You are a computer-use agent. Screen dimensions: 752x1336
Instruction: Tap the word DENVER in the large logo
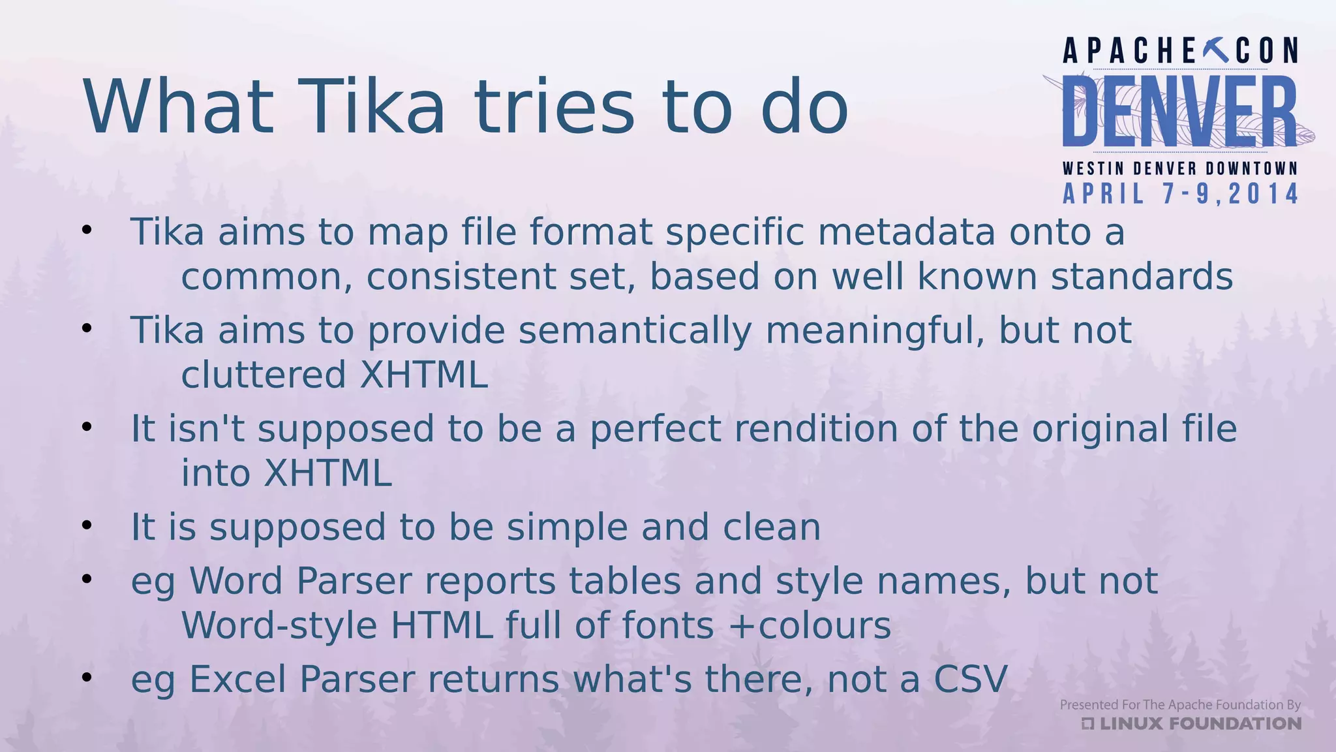click(1179, 111)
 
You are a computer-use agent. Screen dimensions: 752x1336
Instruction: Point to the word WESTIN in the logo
click(1093, 168)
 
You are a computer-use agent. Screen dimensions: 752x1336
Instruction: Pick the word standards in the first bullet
click(1142, 276)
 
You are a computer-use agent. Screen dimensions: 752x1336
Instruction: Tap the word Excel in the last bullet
click(237, 679)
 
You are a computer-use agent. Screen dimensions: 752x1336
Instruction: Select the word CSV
click(971, 679)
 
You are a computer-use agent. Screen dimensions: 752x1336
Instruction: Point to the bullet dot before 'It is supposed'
click(87, 525)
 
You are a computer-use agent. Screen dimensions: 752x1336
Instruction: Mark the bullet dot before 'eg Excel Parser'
click(87, 678)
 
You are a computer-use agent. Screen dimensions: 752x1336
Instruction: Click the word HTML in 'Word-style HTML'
click(442, 625)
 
